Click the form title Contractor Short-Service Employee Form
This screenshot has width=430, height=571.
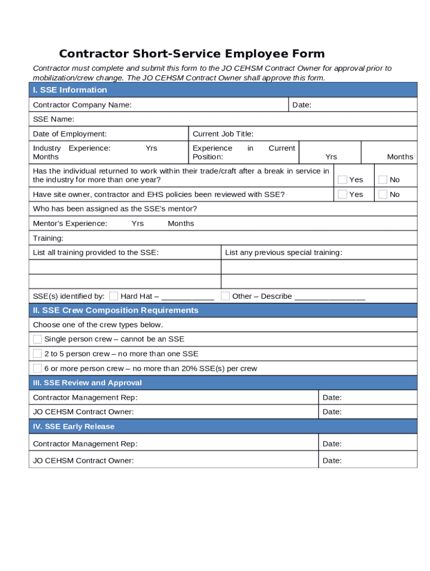point(192,54)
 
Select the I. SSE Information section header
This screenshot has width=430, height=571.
point(70,90)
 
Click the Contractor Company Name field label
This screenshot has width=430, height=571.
point(82,105)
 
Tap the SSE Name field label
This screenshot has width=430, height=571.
point(54,119)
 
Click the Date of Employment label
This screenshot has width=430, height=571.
point(70,134)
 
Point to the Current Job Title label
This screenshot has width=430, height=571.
point(223,134)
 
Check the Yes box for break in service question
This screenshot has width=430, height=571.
point(342,180)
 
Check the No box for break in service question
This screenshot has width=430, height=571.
point(383,180)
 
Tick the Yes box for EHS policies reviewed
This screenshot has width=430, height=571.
point(342,194)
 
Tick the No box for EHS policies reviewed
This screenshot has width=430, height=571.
point(383,194)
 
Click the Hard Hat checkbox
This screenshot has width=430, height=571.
point(114,296)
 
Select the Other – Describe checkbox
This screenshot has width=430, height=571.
point(225,296)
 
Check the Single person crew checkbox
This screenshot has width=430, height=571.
point(37,339)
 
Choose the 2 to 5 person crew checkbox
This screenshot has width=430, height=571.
point(37,354)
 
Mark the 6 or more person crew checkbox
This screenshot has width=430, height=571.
point(37,368)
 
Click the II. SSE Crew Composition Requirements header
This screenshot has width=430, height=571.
point(116,310)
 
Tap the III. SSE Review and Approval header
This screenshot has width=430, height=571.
point(87,383)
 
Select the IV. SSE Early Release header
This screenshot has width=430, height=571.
point(74,427)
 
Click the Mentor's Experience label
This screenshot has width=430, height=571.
point(70,224)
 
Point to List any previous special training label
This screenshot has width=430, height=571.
point(283,253)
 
